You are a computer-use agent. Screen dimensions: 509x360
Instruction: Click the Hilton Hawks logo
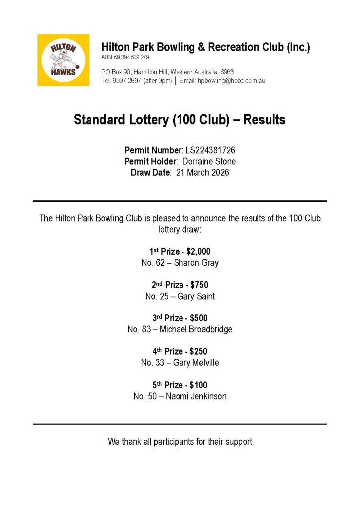[x=63, y=60]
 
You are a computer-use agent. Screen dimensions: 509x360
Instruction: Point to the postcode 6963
[x=227, y=72]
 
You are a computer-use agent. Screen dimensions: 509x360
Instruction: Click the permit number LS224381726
[x=210, y=150]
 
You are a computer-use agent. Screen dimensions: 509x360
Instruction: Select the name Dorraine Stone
[x=209, y=161]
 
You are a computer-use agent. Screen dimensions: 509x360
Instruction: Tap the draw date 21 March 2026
[x=202, y=173]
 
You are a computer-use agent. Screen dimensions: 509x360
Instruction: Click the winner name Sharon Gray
[x=196, y=263]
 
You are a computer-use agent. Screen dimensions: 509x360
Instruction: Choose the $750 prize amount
[x=199, y=285]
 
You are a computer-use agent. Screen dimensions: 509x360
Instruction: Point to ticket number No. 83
[x=139, y=329]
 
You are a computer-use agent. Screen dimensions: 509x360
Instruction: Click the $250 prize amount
[x=198, y=351]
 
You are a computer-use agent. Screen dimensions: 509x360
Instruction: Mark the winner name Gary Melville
[x=196, y=363]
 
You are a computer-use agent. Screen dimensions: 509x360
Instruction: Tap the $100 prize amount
[x=198, y=385]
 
